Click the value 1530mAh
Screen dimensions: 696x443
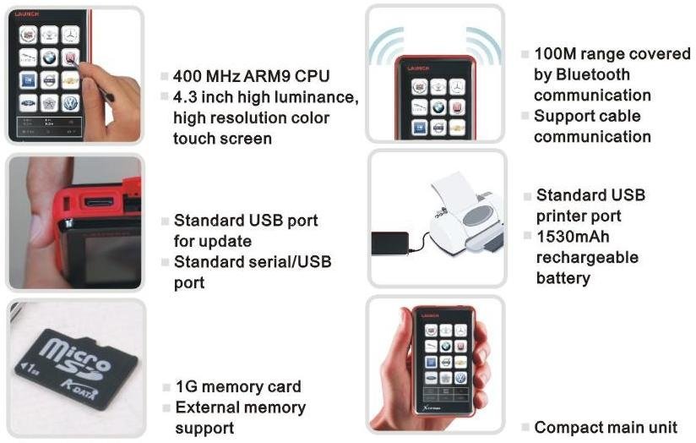573,237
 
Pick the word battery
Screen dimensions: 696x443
563,278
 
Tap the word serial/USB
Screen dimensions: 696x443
282,262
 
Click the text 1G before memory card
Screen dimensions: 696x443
186,386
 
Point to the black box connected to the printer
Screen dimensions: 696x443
389,243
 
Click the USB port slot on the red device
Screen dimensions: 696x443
99,203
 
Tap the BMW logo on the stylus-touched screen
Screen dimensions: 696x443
49,57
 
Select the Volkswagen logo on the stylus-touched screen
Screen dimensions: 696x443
70,103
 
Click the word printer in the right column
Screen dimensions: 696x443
579,216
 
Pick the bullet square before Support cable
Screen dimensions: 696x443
525,116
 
